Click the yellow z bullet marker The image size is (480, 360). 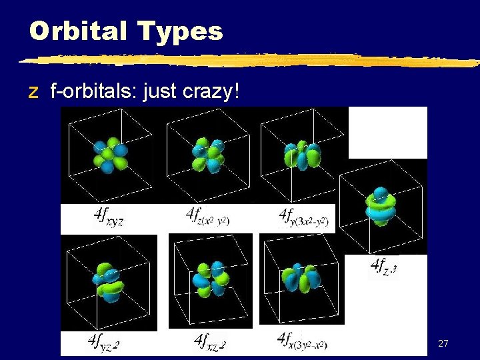33,93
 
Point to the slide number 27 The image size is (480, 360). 443,343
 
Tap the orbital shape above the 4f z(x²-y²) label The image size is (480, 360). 208,155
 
